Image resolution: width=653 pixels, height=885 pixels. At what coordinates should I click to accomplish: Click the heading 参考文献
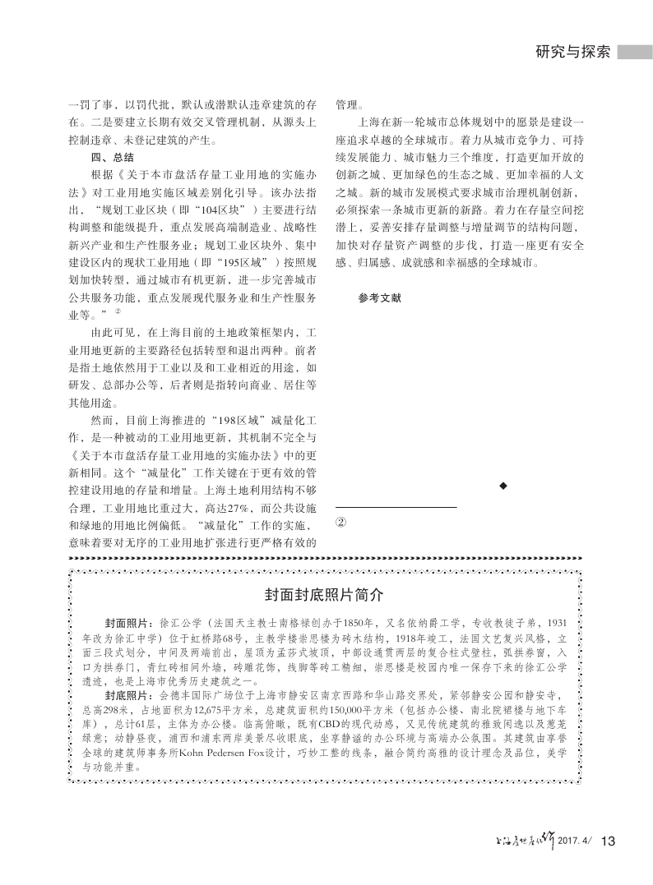pyautogui.click(x=379, y=298)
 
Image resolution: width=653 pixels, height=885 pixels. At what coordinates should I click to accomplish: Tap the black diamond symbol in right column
pyautogui.click(x=502, y=488)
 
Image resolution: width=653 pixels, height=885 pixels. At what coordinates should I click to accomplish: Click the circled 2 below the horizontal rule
pyautogui.click(x=342, y=522)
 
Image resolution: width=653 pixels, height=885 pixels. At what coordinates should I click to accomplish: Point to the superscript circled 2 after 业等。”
pyautogui.click(x=118, y=311)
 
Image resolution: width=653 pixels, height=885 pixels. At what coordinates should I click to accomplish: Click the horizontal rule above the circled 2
pyautogui.click(x=396, y=507)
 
